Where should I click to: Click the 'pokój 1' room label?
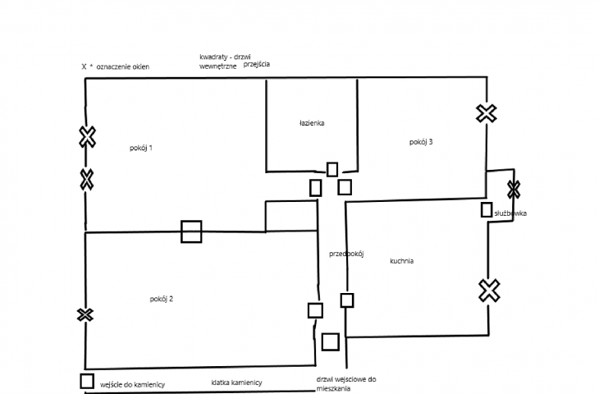click(x=141, y=148)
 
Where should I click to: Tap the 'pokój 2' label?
click(x=161, y=299)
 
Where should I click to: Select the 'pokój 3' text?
click(x=421, y=142)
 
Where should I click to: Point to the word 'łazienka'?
click(x=312, y=123)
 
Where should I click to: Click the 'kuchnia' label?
click(x=401, y=261)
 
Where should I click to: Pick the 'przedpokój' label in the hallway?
click(x=346, y=254)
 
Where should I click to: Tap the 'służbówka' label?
click(x=510, y=213)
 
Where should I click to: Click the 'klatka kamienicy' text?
click(x=236, y=383)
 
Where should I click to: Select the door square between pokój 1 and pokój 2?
click(x=191, y=231)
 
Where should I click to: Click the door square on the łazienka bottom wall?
click(x=332, y=170)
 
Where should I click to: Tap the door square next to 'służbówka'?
click(x=487, y=210)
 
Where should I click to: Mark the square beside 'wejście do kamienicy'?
click(x=87, y=381)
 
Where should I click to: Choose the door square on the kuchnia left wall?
click(x=347, y=300)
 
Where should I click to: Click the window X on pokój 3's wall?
click(x=487, y=113)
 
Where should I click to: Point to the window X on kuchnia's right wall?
click(x=489, y=291)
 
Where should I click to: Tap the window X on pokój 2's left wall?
click(x=85, y=315)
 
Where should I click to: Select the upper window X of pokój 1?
click(x=88, y=137)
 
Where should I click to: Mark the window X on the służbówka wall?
click(x=514, y=190)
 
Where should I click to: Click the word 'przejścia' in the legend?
click(x=257, y=64)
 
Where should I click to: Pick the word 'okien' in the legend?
click(x=141, y=66)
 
